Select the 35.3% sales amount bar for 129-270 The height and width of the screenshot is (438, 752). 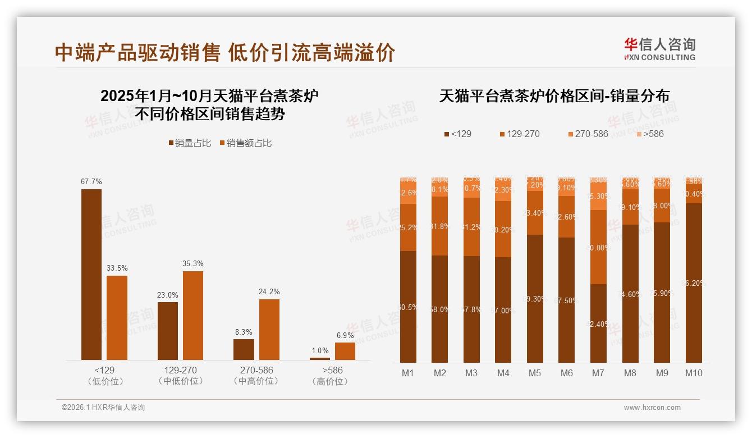click(x=193, y=315)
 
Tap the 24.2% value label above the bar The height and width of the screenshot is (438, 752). click(x=269, y=292)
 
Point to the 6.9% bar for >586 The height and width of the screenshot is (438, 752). click(x=345, y=351)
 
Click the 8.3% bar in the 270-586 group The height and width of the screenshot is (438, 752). click(x=244, y=349)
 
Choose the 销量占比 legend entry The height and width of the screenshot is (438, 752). click(x=190, y=143)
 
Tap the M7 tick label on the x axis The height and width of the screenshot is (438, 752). click(x=599, y=373)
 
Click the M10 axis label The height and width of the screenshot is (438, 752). click(x=694, y=373)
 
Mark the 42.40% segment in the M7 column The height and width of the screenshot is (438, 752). click(x=599, y=323)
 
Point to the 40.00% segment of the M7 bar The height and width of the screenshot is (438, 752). click(x=599, y=247)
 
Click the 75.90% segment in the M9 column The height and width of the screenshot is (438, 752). click(x=662, y=292)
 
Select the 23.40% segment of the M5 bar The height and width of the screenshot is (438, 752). click(x=535, y=213)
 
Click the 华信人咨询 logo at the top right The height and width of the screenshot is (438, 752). click(x=659, y=49)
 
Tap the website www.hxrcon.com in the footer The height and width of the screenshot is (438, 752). click(x=652, y=408)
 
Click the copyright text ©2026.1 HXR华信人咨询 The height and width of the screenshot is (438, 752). click(x=103, y=408)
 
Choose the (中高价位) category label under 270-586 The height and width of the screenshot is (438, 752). click(x=256, y=381)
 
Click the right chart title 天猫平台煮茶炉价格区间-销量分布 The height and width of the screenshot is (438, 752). click(x=554, y=96)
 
